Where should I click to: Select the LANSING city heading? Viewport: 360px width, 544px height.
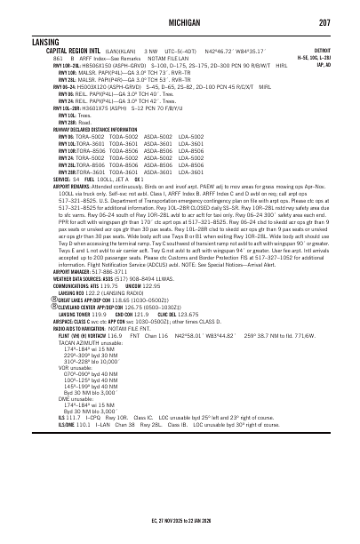(20, 42)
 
